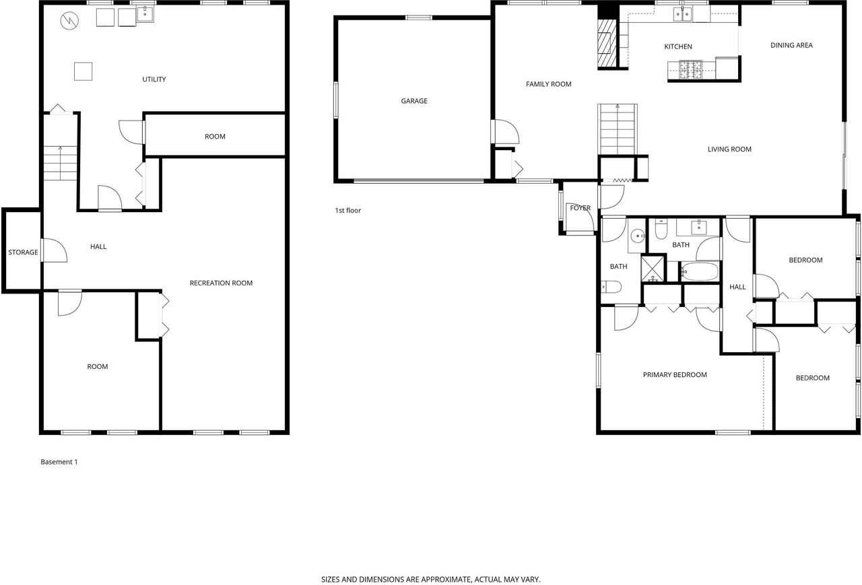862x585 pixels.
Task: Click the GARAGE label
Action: [x=414, y=101]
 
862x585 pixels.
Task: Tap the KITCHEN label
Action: [x=678, y=46]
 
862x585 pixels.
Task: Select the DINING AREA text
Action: [x=791, y=45]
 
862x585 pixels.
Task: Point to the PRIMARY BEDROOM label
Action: [x=675, y=375]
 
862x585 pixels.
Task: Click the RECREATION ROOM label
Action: [x=221, y=283]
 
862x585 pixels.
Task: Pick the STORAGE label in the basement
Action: [x=23, y=252]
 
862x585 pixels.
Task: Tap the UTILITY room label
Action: [x=154, y=79]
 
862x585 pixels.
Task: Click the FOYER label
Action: [x=580, y=208]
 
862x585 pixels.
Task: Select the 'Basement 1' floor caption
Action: [x=59, y=462]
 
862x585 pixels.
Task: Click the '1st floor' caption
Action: [x=348, y=211]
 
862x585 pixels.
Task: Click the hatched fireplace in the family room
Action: [x=607, y=44]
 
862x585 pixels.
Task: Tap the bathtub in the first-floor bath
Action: [x=700, y=272]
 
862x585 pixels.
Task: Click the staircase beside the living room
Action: [x=618, y=129]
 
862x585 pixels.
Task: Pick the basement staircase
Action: [x=61, y=164]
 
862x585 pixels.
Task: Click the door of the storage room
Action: [x=54, y=251]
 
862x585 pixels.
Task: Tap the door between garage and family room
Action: [x=505, y=132]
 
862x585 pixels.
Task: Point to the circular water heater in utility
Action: [x=69, y=22]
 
